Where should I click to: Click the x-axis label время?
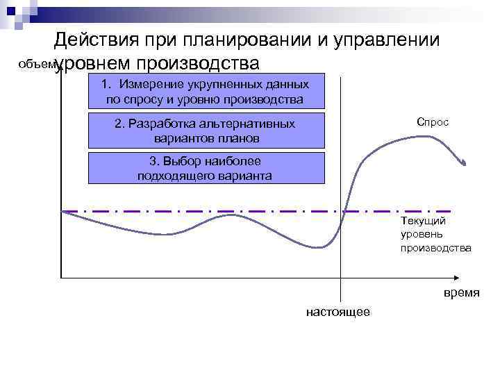pyautogui.click(x=461, y=292)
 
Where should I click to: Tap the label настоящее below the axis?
pyautogui.click(x=338, y=312)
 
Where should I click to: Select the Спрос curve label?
pyautogui.click(x=433, y=122)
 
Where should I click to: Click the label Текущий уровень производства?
pyautogui.click(x=435, y=234)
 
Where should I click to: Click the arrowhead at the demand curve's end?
pyautogui.click(x=463, y=161)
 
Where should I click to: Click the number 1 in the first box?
pyautogui.click(x=105, y=85)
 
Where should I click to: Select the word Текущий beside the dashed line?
pyautogui.click(x=423, y=221)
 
